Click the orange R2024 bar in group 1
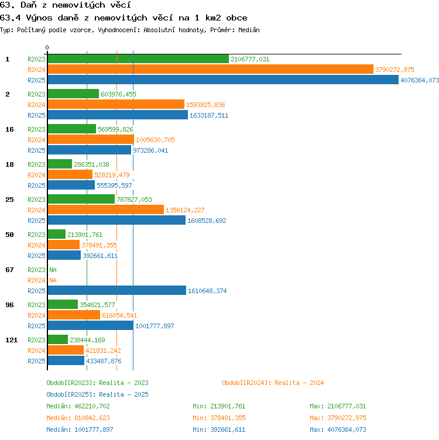211,69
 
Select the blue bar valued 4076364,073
223,80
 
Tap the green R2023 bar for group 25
81,200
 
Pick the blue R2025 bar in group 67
117,290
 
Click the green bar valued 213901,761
57,234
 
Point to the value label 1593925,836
205,105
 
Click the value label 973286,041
150,150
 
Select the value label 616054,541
119,315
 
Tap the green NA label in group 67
53,270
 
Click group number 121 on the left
12,340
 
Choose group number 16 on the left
9,129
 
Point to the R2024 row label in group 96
36,315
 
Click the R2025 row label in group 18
36,185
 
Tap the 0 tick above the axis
47,47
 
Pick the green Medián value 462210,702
92,406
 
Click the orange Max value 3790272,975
347,418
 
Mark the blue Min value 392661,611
228,429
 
